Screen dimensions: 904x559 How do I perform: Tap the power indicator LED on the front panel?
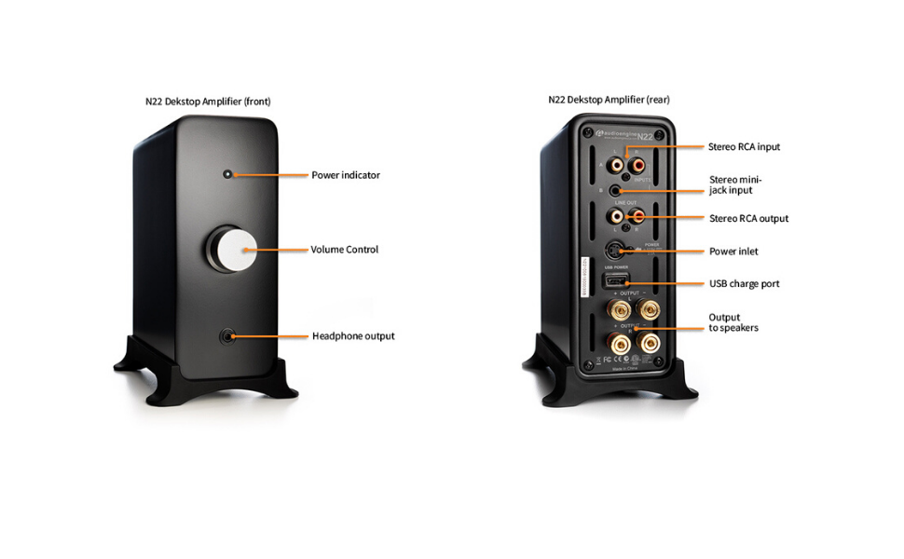click(227, 174)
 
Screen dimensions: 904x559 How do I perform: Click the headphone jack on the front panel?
click(226, 335)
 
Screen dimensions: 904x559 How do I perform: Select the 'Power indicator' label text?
click(346, 175)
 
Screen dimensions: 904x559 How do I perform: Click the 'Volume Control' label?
click(344, 250)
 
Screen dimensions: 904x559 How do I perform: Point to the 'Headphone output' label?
click(353, 336)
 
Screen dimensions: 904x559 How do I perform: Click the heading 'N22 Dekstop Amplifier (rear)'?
click(609, 100)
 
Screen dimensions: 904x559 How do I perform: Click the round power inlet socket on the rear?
click(615, 250)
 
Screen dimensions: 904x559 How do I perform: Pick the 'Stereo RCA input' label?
click(744, 147)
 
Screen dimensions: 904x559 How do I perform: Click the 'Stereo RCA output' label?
click(748, 219)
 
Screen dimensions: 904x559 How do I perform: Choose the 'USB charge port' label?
click(744, 284)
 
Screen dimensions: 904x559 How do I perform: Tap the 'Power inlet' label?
click(733, 252)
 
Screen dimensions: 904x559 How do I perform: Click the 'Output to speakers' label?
click(733, 322)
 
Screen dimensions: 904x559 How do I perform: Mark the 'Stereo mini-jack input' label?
click(732, 185)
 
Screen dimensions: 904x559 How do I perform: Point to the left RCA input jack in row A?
click(616, 166)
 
